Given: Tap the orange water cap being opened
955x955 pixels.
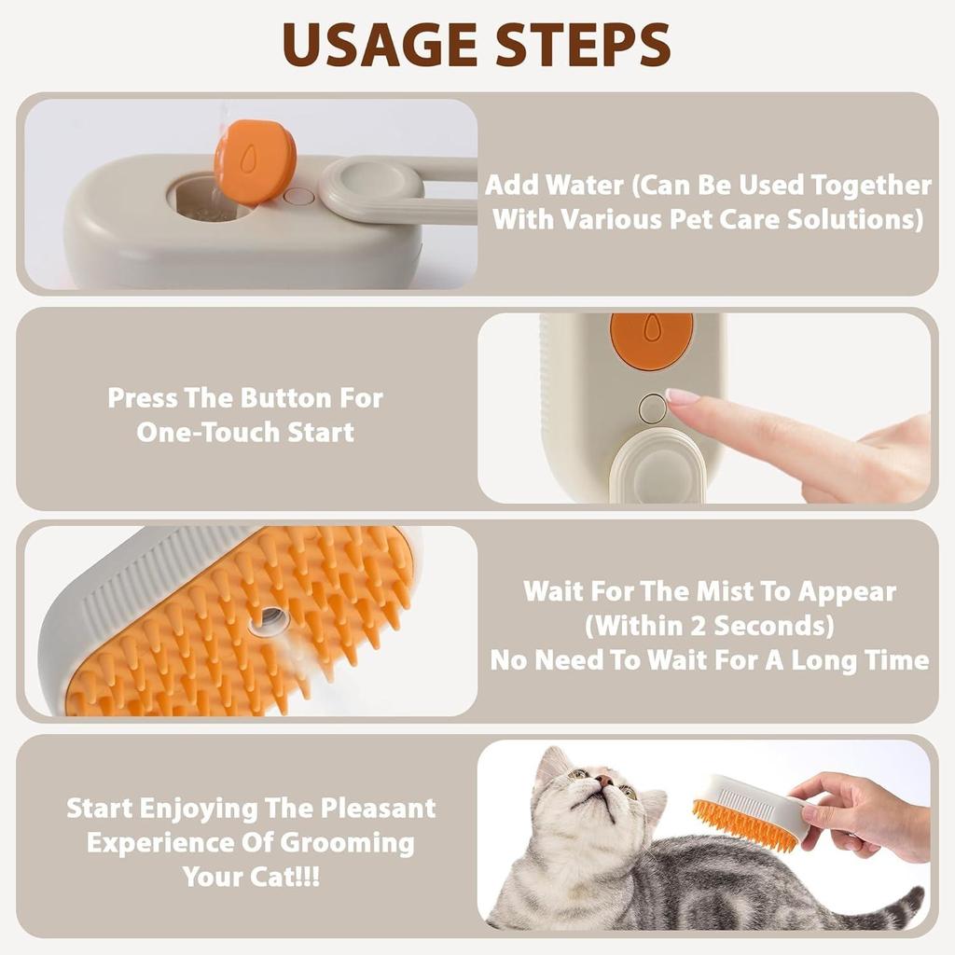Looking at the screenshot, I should pos(254,162).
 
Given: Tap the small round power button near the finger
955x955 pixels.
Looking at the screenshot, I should pos(653,408).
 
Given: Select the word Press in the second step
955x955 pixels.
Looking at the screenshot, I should pos(142,397).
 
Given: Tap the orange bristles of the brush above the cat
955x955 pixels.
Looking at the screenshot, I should pos(741,824).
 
